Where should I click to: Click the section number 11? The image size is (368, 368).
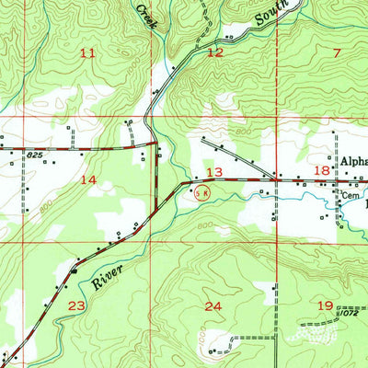pyautogui.click(x=87, y=53)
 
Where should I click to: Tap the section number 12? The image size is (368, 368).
pyautogui.click(x=214, y=52)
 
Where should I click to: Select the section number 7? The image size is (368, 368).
pyautogui.click(x=337, y=52)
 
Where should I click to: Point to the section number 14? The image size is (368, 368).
pyautogui.click(x=87, y=181)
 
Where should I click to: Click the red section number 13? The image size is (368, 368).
pyautogui.click(x=214, y=173)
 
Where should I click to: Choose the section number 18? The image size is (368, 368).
pyautogui.click(x=323, y=171)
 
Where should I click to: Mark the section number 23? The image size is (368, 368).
pyautogui.click(x=76, y=305)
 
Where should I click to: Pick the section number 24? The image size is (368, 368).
pyautogui.click(x=214, y=306)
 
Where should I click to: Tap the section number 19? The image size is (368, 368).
pyautogui.click(x=325, y=305)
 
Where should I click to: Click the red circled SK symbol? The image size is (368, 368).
pyautogui.click(x=203, y=191)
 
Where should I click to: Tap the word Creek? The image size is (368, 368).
pyautogui.click(x=145, y=12)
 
